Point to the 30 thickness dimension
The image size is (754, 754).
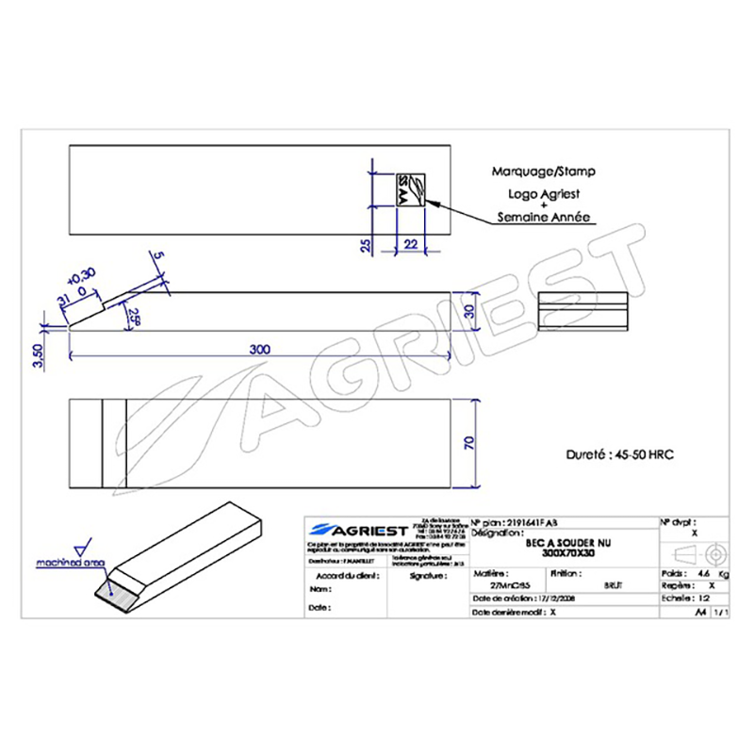pos(468,311)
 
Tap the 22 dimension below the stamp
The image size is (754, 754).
pos(410,244)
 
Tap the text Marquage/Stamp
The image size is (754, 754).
pos(544,172)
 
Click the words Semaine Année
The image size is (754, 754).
pos(544,217)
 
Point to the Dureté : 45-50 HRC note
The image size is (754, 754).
pos(611,453)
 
